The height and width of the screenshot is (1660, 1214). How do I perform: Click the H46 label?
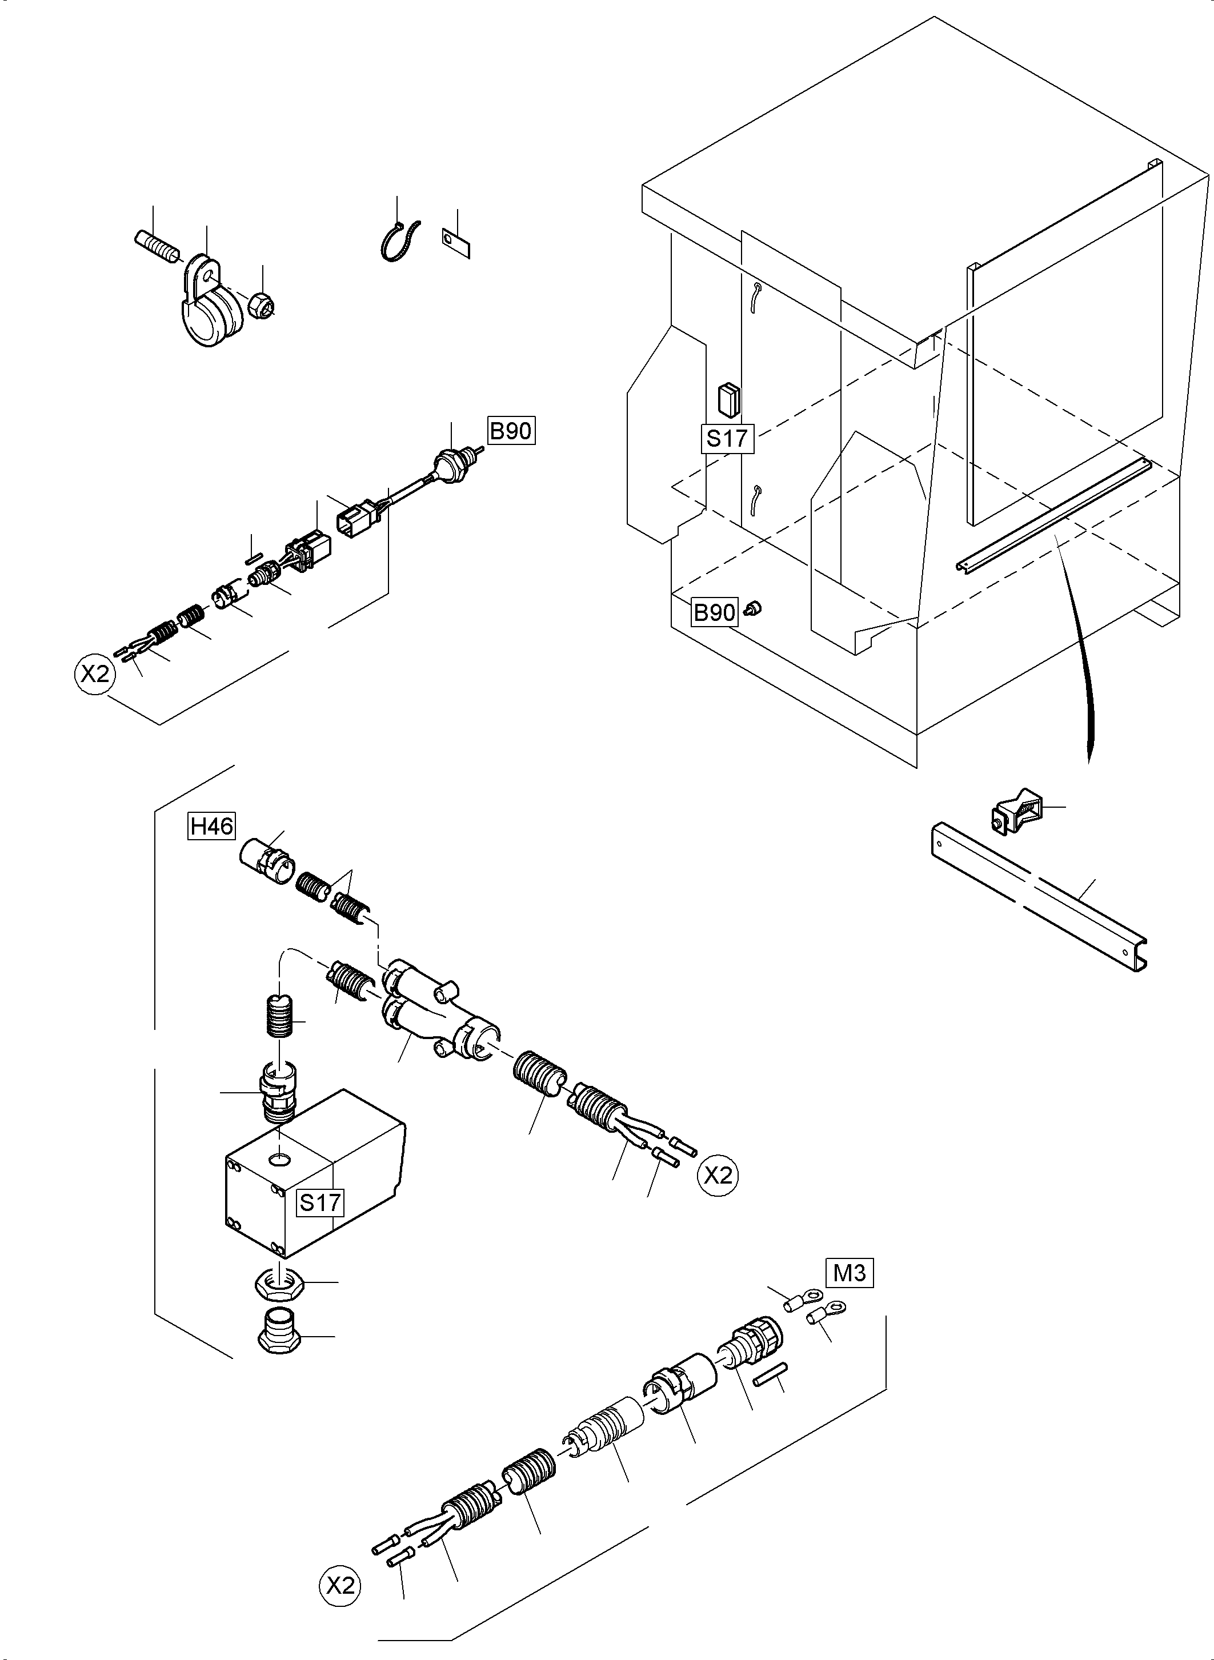coord(211,827)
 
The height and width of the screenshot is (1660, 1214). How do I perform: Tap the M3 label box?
coord(850,1272)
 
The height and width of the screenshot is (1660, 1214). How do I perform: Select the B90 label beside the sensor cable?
coord(511,431)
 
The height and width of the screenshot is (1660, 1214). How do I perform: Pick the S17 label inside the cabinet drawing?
coord(727,438)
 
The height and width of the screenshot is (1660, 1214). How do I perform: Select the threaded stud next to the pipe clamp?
coord(157,246)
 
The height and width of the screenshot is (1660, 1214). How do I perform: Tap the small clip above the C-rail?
coord(1016,812)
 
